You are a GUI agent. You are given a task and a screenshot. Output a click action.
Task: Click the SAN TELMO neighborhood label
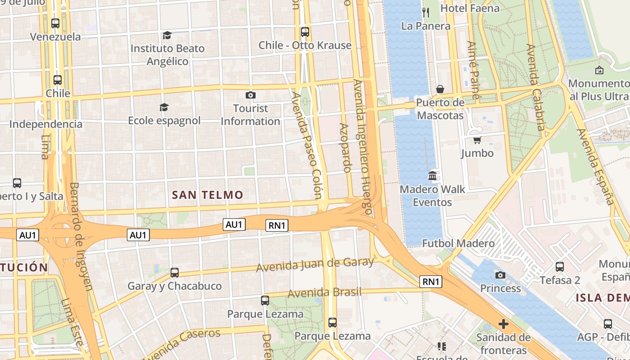[x=207, y=195]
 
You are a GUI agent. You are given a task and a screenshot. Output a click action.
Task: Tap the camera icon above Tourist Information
[x=251, y=95]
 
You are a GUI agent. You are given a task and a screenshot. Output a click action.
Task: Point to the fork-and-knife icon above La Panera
[x=426, y=12]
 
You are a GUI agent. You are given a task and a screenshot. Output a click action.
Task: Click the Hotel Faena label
[x=470, y=8]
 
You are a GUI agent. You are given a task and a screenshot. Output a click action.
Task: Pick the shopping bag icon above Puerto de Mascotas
[x=440, y=89]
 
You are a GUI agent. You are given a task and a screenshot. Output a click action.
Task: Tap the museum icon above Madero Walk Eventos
[x=432, y=175]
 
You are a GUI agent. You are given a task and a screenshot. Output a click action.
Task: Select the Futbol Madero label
[x=458, y=243]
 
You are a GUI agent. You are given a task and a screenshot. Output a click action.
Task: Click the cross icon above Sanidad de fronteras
[x=503, y=324]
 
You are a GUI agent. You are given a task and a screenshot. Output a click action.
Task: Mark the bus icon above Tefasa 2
[x=560, y=267]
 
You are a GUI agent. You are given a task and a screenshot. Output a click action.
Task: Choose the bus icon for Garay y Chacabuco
[x=175, y=273]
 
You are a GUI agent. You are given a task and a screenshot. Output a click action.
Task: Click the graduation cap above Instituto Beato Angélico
[x=167, y=35]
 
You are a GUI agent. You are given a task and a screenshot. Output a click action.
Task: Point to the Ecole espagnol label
[x=164, y=121]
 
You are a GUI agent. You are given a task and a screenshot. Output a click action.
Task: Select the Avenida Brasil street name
[x=324, y=293]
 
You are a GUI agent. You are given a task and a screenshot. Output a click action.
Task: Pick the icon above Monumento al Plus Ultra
[x=599, y=70]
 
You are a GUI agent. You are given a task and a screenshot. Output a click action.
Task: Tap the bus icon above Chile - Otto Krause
[x=305, y=32]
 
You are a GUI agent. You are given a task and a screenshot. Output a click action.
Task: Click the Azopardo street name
[x=345, y=148]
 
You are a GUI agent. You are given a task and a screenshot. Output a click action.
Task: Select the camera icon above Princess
[x=500, y=275]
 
